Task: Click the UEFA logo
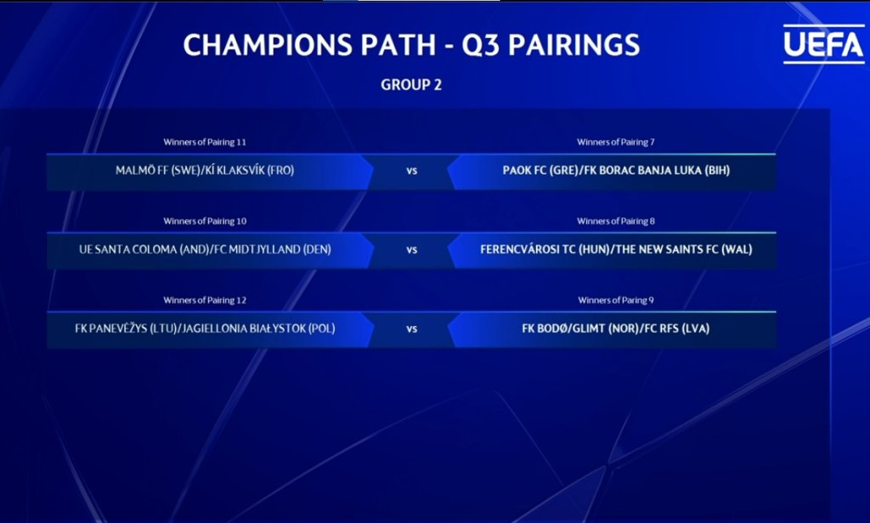pos(823,44)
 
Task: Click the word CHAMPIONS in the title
pos(268,45)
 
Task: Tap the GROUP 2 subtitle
pos(411,85)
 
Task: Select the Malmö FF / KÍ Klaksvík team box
pos(209,172)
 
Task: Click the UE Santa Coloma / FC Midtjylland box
pos(209,250)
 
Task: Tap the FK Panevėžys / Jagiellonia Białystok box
pos(209,329)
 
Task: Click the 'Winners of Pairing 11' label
pos(205,142)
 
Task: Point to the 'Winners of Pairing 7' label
pos(616,142)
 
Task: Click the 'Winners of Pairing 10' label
pos(205,222)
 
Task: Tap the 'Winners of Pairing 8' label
pos(616,222)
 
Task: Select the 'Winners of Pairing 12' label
pos(205,300)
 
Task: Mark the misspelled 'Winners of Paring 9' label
pos(616,300)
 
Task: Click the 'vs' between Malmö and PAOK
pos(411,171)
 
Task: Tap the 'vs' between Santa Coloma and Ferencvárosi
pos(411,250)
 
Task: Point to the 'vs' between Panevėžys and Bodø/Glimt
pos(411,329)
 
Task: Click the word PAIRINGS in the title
pos(574,45)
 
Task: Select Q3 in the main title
pos(481,46)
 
